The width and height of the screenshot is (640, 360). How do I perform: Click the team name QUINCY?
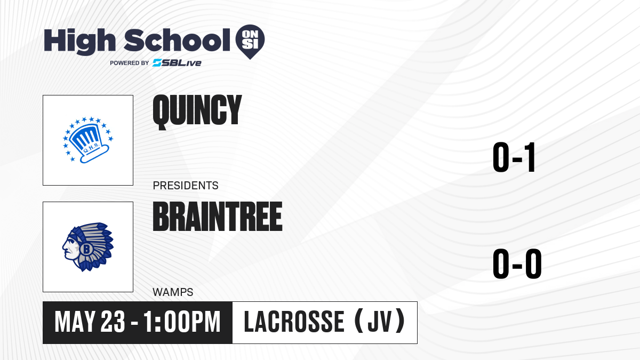(x=197, y=112)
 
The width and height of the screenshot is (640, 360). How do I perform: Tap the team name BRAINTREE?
(x=218, y=216)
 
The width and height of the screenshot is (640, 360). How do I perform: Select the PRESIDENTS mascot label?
(x=186, y=186)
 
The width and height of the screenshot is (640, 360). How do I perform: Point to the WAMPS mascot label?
(x=173, y=292)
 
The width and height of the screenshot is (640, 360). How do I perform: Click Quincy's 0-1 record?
(x=514, y=157)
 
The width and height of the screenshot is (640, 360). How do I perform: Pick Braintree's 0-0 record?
(x=517, y=263)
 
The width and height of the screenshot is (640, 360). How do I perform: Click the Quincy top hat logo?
(x=89, y=140)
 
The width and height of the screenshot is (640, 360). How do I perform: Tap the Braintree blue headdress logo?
(x=88, y=247)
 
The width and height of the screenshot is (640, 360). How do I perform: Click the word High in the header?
(x=80, y=42)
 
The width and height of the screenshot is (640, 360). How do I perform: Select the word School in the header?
(x=177, y=40)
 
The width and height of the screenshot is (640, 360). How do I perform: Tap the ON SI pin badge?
(x=250, y=42)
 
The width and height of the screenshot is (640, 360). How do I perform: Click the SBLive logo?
(x=177, y=63)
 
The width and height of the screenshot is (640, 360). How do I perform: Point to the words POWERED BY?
(x=130, y=63)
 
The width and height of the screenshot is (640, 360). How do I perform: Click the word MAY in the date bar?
(x=75, y=322)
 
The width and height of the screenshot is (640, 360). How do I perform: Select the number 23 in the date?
(x=113, y=322)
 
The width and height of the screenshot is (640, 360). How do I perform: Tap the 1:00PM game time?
(x=182, y=322)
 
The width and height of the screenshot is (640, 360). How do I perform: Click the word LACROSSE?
(x=294, y=322)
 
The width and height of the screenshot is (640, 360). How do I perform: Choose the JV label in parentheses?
(x=380, y=322)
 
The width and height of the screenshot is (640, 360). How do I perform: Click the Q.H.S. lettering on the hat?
(x=91, y=148)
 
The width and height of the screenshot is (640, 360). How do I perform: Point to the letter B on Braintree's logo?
(x=86, y=249)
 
